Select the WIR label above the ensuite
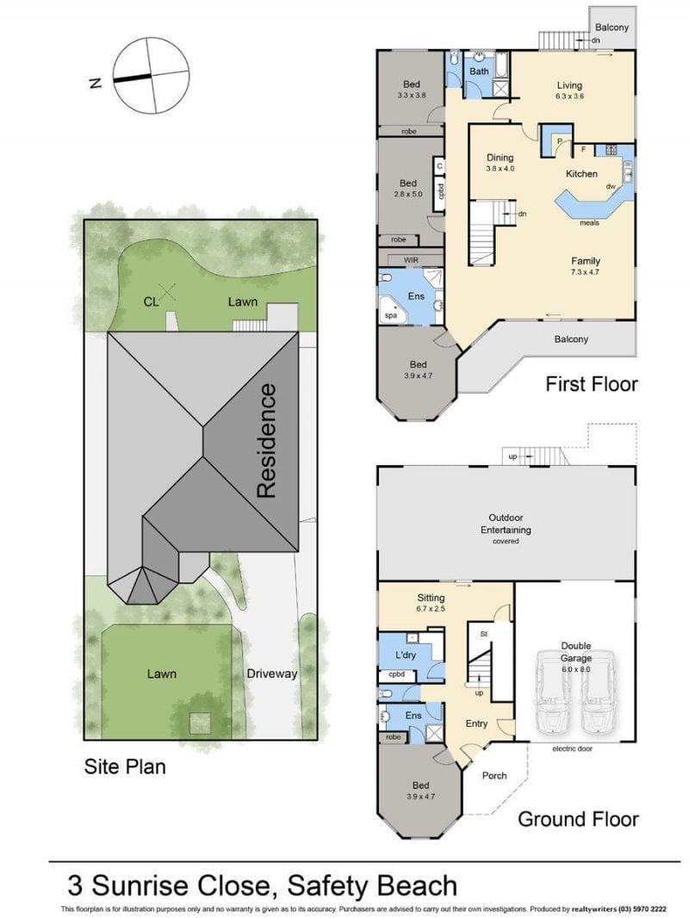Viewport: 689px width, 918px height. coord(412,260)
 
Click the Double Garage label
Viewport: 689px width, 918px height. coord(576,651)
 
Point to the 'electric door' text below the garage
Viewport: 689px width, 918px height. coord(573,749)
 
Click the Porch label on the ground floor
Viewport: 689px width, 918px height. coord(494,775)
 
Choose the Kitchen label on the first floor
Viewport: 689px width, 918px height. coord(581,174)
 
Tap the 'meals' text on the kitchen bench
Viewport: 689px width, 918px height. coord(589,222)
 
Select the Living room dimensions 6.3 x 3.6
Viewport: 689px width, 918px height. coord(569,96)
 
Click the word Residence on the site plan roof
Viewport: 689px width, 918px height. coord(266,440)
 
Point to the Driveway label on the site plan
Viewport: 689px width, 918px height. coord(271,673)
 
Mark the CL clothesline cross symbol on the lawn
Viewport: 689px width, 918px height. coord(168,292)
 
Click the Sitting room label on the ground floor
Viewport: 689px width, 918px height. coord(431,598)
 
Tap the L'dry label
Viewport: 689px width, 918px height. coord(405,654)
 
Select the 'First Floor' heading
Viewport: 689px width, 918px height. coord(591,384)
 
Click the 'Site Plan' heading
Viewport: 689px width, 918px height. coord(125,766)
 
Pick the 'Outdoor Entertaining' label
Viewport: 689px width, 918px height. coord(506,524)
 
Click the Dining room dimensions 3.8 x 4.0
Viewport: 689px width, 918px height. coord(500,169)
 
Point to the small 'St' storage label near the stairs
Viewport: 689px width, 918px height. coord(483,634)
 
